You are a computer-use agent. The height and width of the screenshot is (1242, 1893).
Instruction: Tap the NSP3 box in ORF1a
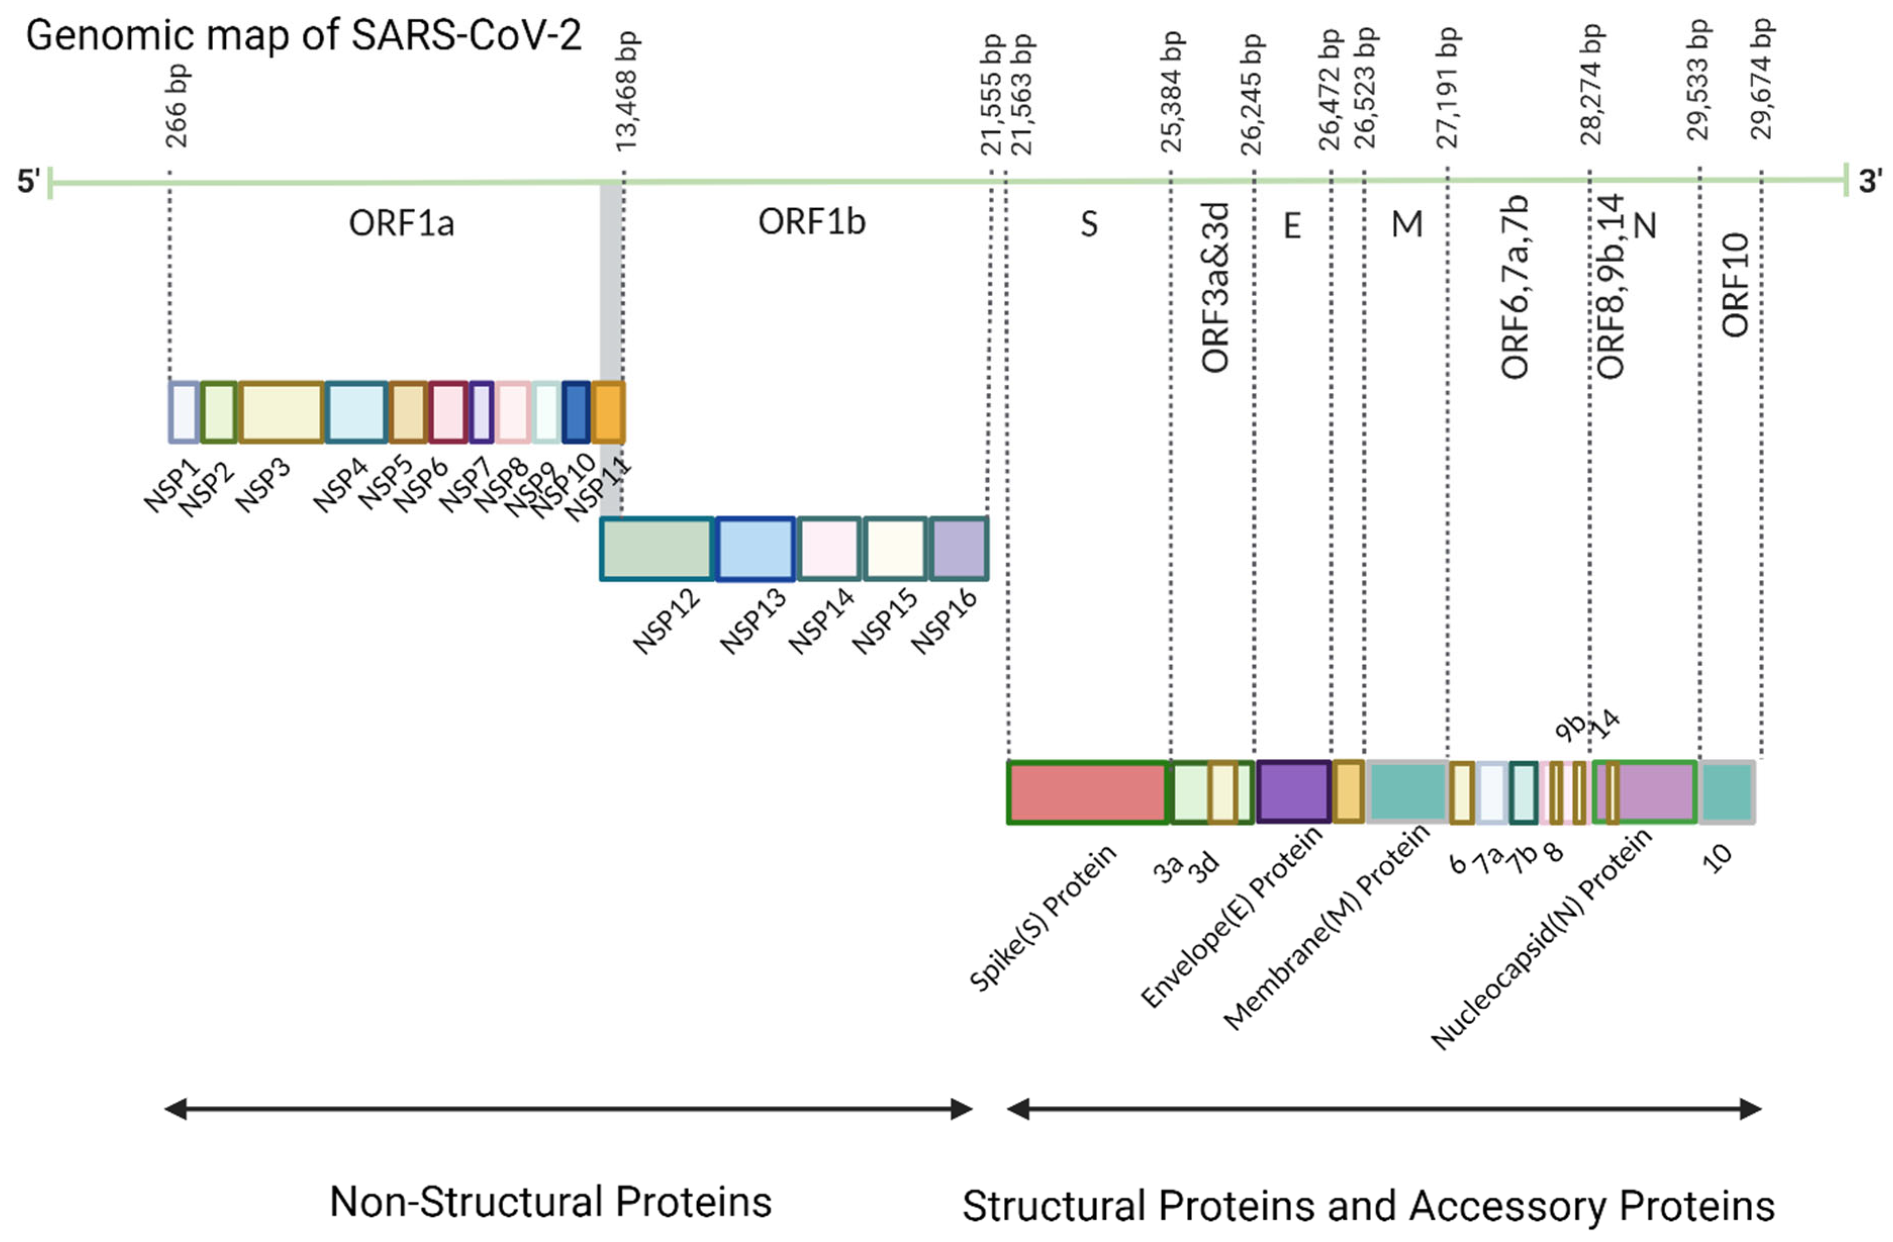(x=281, y=412)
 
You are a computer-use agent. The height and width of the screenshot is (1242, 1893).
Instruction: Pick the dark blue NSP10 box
(x=576, y=412)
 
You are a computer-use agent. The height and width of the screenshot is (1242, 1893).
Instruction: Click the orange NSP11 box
(x=608, y=412)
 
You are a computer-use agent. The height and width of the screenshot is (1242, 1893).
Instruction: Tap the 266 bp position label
(x=177, y=107)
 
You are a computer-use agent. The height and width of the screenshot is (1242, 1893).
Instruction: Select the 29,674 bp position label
(x=1762, y=79)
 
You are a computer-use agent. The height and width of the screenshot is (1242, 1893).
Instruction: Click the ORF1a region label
(x=402, y=223)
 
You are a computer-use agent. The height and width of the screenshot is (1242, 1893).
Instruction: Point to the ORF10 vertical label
(x=1735, y=284)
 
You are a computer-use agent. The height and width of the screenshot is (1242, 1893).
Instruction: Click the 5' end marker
(x=29, y=181)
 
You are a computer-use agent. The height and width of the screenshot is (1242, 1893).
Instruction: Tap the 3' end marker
(x=1869, y=181)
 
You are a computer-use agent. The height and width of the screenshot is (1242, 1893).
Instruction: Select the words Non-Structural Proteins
(x=550, y=1202)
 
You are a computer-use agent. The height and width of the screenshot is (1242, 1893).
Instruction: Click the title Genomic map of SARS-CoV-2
(x=304, y=36)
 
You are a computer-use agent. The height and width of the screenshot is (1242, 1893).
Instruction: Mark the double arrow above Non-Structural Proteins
(x=568, y=1109)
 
